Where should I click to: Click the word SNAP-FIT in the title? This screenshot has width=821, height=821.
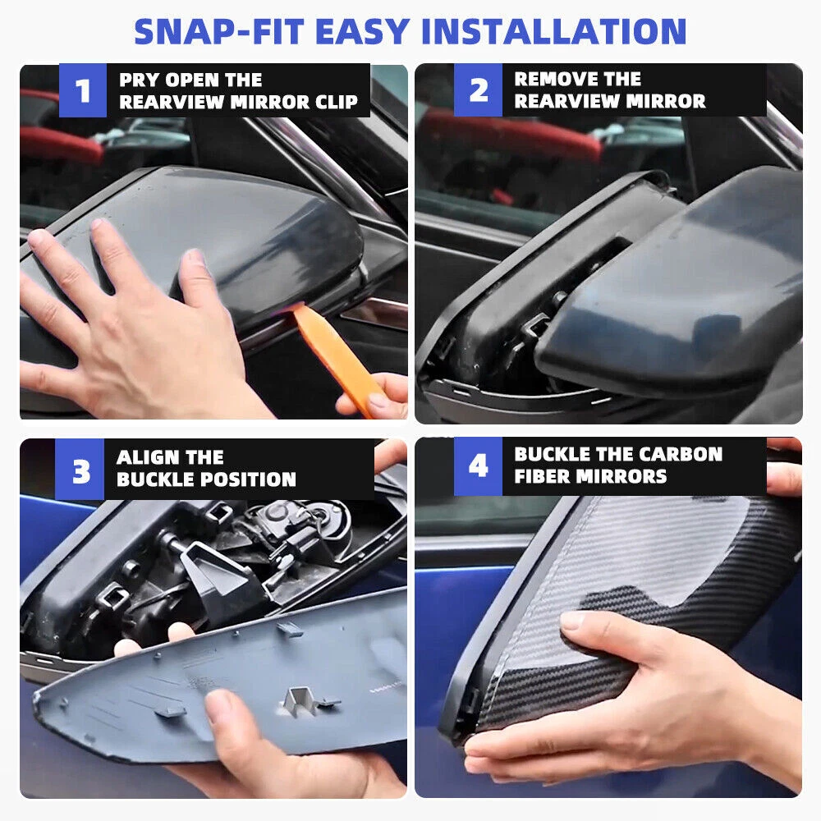pyautogui.click(x=219, y=31)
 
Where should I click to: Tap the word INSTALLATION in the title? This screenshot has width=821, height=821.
pyautogui.click(x=553, y=31)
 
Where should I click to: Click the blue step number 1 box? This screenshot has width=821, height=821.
pyautogui.click(x=83, y=90)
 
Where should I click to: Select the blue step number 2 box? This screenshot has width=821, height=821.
pyautogui.click(x=478, y=90)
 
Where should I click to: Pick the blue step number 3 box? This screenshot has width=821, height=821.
pyautogui.click(x=80, y=469)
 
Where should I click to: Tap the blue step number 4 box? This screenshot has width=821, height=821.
pyautogui.click(x=478, y=466)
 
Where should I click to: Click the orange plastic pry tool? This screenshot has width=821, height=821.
pyautogui.click(x=335, y=356)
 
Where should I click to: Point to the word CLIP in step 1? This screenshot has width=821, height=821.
pyautogui.click(x=337, y=102)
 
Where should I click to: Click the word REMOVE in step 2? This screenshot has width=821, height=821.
pyautogui.click(x=553, y=79)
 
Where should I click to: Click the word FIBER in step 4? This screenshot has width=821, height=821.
pyautogui.click(x=539, y=476)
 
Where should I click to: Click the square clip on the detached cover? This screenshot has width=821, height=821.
pyautogui.click(x=296, y=700)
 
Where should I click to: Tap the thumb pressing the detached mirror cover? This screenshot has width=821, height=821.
pyautogui.click(x=231, y=718)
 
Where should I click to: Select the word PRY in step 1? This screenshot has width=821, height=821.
pyautogui.click(x=138, y=80)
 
